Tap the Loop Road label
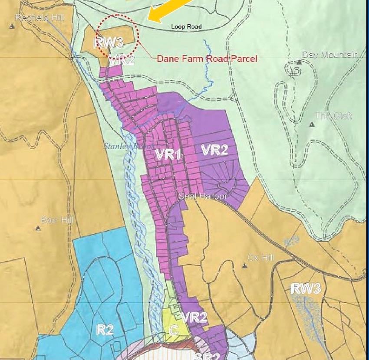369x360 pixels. click(186, 27)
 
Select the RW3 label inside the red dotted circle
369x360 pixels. click(109, 42)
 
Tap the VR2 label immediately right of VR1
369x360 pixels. click(214, 151)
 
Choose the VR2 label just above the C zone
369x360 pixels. click(194, 317)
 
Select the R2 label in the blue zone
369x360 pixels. click(105, 330)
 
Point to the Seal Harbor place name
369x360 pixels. click(203, 196)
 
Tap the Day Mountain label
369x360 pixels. click(330, 55)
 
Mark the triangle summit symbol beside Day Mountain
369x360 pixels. click(299, 62)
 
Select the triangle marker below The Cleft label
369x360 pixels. click(312, 124)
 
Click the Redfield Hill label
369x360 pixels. click(33, 17)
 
